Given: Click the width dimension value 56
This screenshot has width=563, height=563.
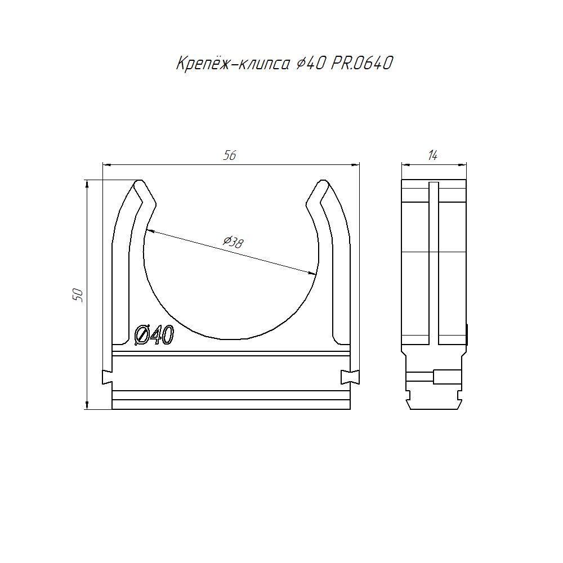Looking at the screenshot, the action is [x=230, y=155].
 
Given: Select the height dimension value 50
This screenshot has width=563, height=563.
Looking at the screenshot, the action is [x=78, y=295].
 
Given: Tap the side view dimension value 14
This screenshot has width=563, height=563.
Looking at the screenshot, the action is [x=432, y=155].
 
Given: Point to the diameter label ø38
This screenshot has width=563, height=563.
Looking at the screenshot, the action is [x=233, y=242].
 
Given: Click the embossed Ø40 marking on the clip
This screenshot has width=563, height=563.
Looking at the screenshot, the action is [x=154, y=335].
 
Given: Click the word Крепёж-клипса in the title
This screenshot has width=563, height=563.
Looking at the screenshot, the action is [x=233, y=64].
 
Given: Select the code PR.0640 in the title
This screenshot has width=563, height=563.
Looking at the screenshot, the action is [x=361, y=64].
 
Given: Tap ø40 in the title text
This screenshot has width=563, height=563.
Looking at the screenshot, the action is [x=311, y=64].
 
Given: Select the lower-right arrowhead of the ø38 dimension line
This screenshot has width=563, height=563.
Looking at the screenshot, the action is [x=312, y=274].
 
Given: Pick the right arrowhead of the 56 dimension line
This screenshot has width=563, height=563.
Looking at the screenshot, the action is [x=355, y=165].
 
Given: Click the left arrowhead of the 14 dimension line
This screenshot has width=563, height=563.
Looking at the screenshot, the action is [x=406, y=165].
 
